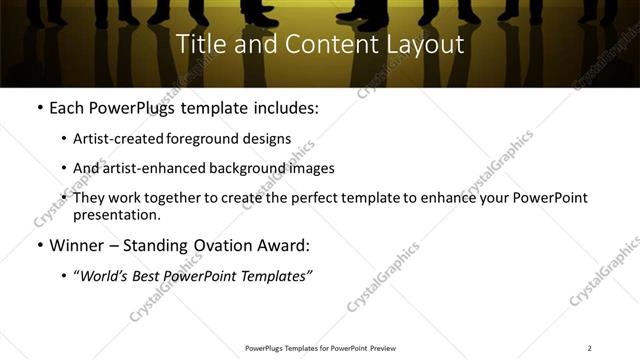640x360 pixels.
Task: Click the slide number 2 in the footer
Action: [589, 348]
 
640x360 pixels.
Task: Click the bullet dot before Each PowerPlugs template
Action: [38, 108]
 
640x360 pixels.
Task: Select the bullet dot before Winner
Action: [38, 245]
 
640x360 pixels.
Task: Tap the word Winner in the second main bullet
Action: [76, 245]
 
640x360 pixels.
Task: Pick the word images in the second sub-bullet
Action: [312, 168]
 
